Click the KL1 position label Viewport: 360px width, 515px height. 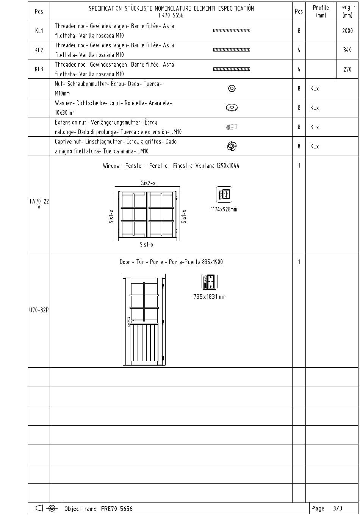(39, 31)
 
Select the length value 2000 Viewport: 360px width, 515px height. (347, 31)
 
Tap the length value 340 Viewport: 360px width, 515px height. (347, 50)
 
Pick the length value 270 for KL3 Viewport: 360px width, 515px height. (347, 69)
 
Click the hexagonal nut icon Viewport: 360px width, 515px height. (232, 88)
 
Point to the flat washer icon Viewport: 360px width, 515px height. (232, 108)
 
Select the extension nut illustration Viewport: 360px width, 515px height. (232, 127)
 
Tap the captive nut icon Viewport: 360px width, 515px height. (232, 146)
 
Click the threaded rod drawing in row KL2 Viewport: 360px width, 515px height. (232, 50)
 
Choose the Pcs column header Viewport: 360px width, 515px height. (299, 11)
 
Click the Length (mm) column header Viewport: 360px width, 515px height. (347, 11)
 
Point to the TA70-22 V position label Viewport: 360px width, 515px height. (39, 204)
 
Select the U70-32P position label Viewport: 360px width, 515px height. (39, 310)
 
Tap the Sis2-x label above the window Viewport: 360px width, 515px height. (148, 183)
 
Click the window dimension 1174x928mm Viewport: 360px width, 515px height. (224, 209)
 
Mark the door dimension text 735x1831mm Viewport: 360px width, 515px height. (209, 297)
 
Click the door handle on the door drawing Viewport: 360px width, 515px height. (130, 321)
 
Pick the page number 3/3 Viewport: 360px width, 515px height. (337, 508)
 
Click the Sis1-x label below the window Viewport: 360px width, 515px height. (147, 245)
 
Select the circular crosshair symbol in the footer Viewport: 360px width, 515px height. (52, 508)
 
